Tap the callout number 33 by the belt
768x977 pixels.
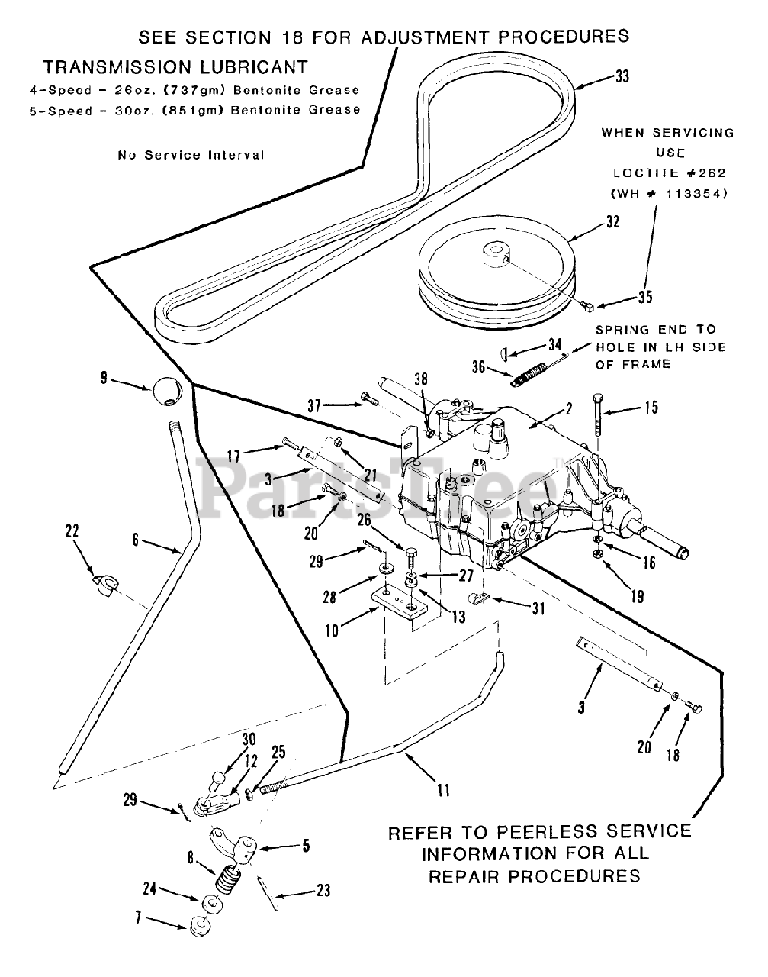click(622, 76)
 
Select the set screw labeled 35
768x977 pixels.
click(588, 306)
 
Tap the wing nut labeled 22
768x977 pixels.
click(106, 585)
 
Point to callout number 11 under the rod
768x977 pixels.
click(443, 790)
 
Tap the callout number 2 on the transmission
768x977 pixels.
click(569, 408)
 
